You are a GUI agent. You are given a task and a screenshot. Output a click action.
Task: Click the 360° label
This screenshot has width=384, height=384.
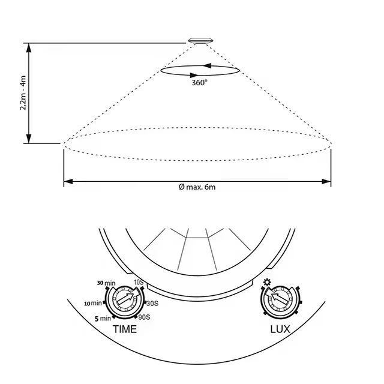(x=199, y=83)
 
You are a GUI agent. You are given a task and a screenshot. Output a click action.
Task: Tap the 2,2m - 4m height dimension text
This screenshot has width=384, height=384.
(x=23, y=93)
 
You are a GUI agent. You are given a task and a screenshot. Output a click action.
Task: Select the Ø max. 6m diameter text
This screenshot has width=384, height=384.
(x=197, y=187)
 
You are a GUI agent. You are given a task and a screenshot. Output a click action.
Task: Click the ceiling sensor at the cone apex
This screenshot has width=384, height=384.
(x=200, y=41)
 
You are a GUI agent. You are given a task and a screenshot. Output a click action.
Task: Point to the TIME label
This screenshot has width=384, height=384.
(x=125, y=329)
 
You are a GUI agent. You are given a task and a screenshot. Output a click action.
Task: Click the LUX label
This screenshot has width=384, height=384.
(x=280, y=329)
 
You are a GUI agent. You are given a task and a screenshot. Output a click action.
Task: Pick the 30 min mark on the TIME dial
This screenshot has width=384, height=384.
(x=106, y=283)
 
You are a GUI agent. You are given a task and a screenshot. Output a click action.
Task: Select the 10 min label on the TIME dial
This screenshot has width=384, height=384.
(x=93, y=304)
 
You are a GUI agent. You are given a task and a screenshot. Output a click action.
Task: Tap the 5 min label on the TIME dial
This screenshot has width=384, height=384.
(x=103, y=319)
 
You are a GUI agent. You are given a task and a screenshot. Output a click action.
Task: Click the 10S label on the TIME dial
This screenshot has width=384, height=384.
(x=139, y=282)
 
